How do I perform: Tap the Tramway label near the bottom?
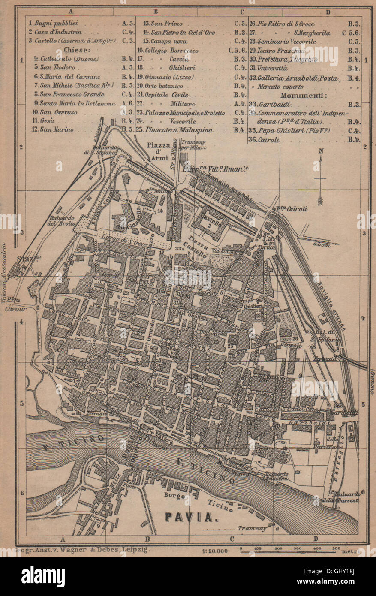pyautogui.click(x=253, y=528)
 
